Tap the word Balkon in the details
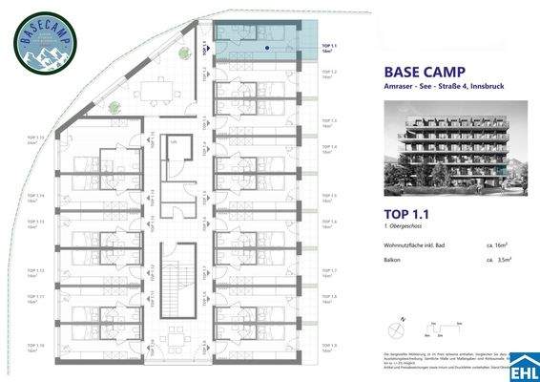point(392,260)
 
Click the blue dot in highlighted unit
point(268,45)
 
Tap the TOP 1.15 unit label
point(38,139)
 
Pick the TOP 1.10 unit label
point(38,348)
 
